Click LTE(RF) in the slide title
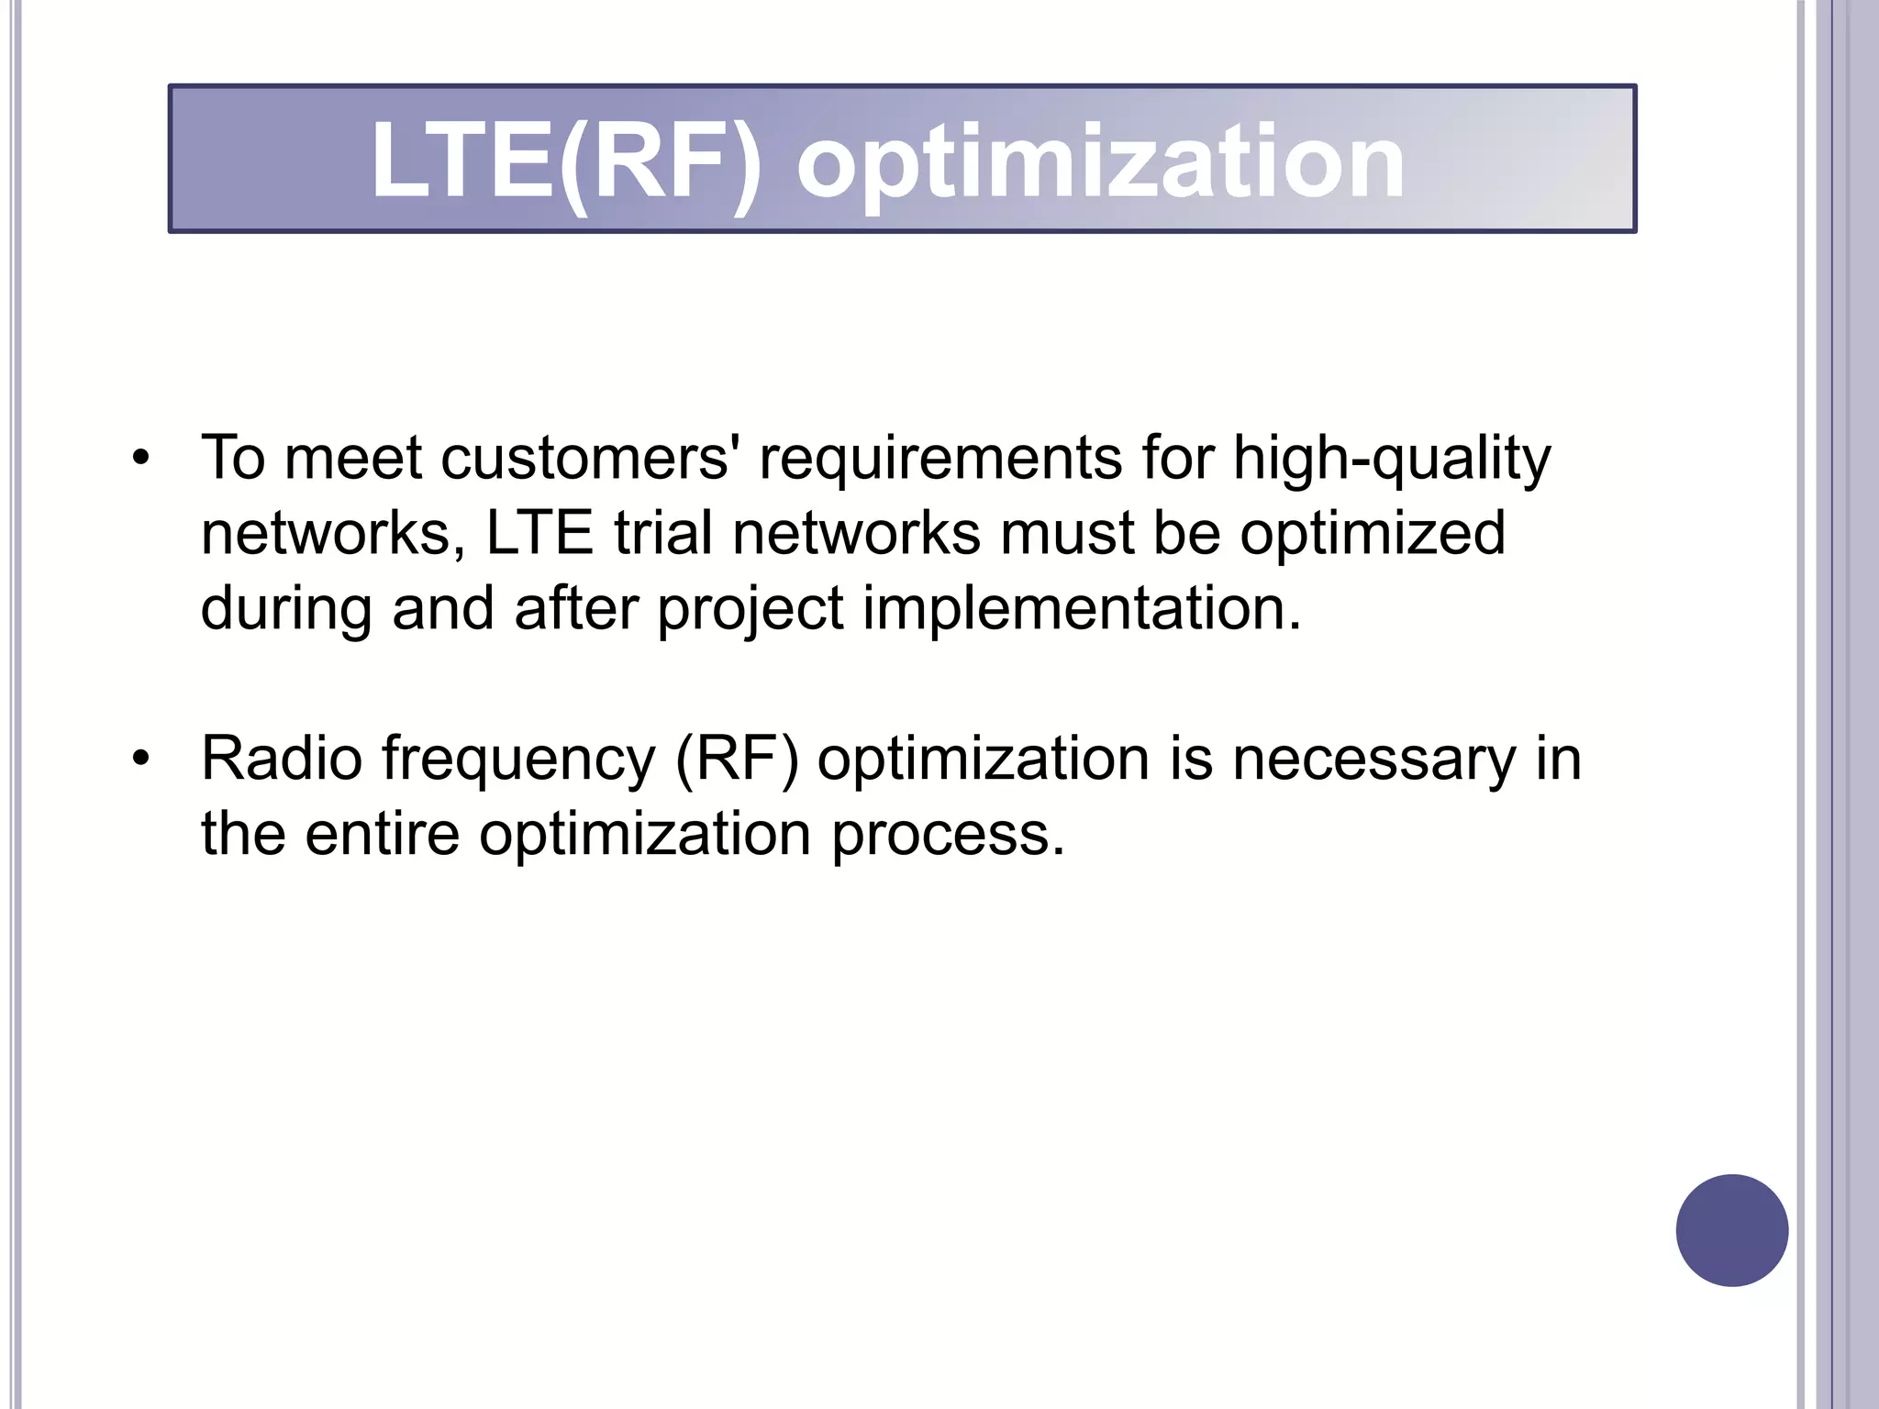(566, 162)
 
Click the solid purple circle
(1731, 1230)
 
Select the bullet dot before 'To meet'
(139, 457)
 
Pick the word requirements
(940, 459)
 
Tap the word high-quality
(1391, 459)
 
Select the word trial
(662, 533)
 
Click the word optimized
(1373, 535)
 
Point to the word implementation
(1082, 609)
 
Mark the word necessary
(1374, 760)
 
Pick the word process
(948, 836)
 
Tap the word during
(286, 609)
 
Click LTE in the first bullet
(539, 533)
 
